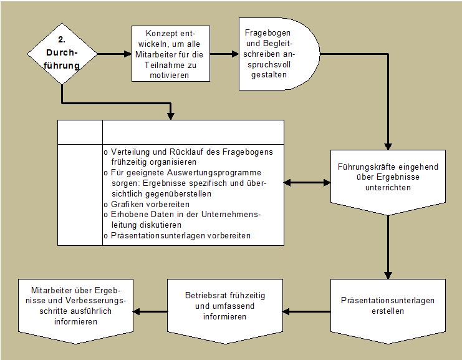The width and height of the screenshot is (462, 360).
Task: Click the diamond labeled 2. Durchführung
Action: click(62, 54)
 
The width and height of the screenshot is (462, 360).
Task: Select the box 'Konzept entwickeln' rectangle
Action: click(171, 54)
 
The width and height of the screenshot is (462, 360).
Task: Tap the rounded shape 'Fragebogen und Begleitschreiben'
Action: click(279, 54)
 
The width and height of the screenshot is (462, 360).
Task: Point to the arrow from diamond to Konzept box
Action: click(114, 54)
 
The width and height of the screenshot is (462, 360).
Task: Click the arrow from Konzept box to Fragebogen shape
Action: click(224, 54)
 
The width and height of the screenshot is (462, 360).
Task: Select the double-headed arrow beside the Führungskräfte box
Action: click(307, 183)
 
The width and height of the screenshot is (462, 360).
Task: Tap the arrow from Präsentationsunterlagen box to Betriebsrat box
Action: click(306, 311)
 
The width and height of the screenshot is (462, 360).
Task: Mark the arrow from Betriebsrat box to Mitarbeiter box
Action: click(150, 311)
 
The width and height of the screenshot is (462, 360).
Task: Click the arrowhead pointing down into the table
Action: click(171, 116)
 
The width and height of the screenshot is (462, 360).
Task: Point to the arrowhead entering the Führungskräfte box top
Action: click(388, 147)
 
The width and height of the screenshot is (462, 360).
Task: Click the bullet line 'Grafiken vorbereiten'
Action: click(147, 204)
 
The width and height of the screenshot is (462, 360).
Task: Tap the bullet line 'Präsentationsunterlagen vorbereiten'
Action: click(177, 236)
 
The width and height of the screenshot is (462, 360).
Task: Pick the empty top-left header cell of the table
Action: click(80, 132)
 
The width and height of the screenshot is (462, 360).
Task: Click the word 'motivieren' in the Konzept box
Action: click(169, 75)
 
